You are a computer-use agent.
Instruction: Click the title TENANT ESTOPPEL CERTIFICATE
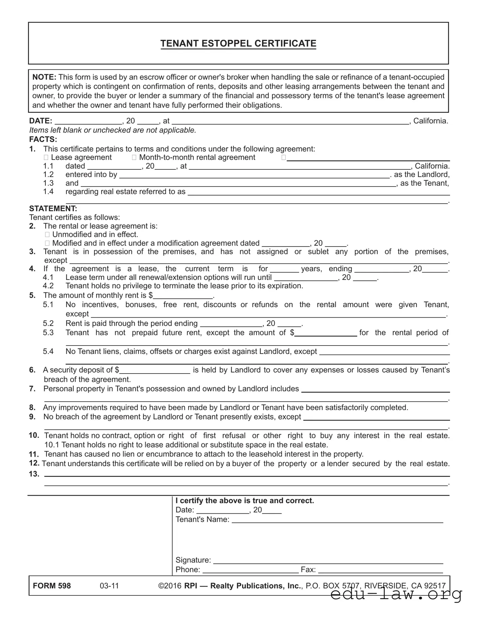(238, 43)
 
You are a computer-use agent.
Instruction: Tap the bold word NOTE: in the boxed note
(44, 77)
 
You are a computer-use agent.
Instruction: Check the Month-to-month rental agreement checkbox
(134, 158)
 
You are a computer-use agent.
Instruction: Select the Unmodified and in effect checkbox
(47, 235)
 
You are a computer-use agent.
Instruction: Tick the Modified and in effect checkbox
(47, 243)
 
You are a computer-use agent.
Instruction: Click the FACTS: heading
(43, 139)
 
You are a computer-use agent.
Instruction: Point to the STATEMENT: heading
(53, 208)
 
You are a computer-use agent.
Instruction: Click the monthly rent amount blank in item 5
(183, 295)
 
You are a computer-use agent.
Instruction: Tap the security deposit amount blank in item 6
(155, 370)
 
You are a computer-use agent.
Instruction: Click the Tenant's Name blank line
(337, 520)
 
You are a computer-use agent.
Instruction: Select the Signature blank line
(328, 560)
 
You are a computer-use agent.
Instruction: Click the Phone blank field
(250, 570)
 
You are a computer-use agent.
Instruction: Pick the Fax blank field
(380, 570)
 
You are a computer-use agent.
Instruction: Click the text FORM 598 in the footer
(52, 586)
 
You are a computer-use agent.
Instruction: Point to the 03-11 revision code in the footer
(109, 586)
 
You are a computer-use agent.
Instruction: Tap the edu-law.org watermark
(396, 595)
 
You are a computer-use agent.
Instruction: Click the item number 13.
(34, 474)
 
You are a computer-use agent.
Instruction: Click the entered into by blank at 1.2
(254, 174)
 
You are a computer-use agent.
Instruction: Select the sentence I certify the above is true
(245, 500)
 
